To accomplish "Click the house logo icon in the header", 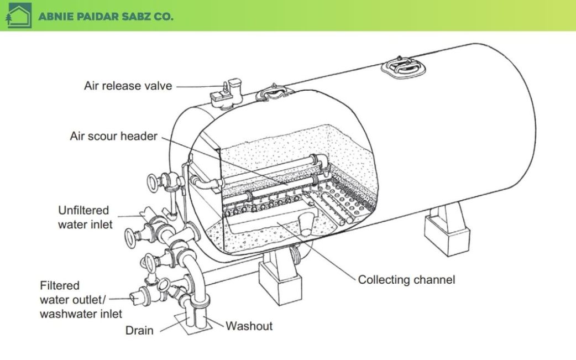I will (x=17, y=15).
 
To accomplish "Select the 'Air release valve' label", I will (x=128, y=86).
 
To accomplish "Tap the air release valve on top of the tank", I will (x=226, y=93).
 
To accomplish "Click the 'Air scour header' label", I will (x=114, y=136).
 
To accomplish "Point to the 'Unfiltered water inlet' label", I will (x=83, y=217).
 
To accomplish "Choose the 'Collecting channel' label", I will (x=406, y=279).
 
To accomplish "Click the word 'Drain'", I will (x=139, y=330).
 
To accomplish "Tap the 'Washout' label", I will (x=249, y=326).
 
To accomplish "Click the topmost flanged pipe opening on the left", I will (x=152, y=182).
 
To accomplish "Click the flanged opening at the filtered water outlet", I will (x=134, y=298).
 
